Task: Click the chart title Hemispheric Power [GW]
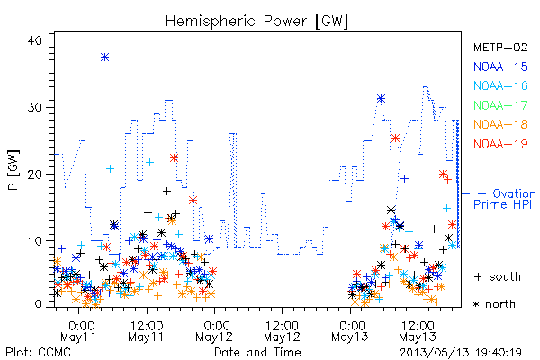pos(256,21)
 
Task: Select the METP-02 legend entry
pos(500,47)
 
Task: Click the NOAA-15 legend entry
pos(500,67)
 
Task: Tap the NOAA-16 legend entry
pos(500,85)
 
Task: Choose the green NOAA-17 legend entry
pos(500,105)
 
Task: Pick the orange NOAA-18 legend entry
pos(500,124)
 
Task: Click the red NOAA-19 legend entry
pos(500,144)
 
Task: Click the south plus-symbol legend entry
pos(498,276)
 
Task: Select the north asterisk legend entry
pos(494,304)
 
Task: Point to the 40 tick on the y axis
pos(34,40)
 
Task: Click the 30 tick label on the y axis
pos(34,107)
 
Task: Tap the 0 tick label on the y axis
pos(38,304)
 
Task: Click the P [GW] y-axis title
pos(13,170)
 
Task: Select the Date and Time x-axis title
pos(257,352)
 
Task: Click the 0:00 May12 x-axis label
pos(214,331)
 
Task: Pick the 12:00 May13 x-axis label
pos(418,331)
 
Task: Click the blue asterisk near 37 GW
pos(105,58)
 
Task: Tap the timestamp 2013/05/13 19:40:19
pos(461,353)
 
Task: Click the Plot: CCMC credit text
pos(38,352)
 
